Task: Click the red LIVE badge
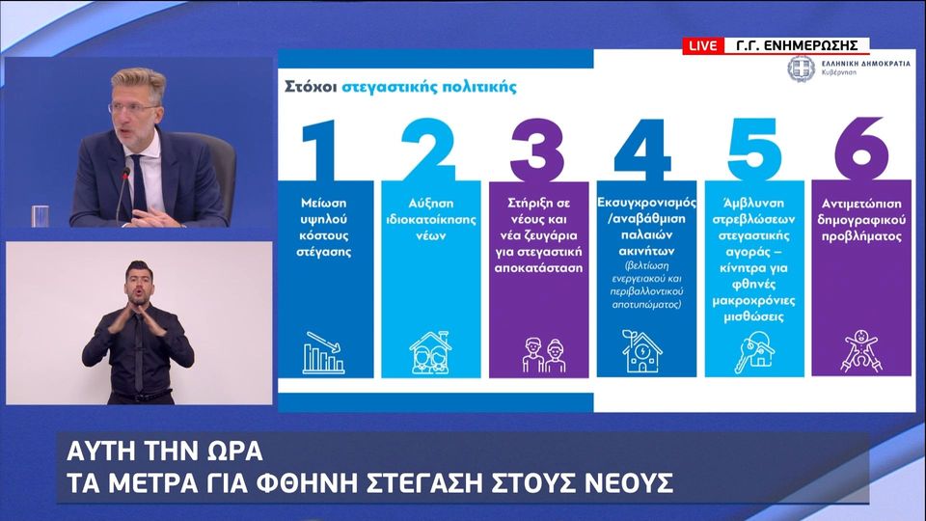coord(703,45)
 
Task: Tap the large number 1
coord(320,151)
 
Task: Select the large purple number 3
coord(537,151)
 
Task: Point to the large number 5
coord(754,149)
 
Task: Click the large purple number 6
coord(861,149)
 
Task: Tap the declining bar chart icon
coord(323,352)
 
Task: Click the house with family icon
coord(430,352)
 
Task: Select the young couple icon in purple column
coord(544,355)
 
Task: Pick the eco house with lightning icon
coord(641,351)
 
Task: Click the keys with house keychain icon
coord(753,352)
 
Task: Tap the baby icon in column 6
coord(861,351)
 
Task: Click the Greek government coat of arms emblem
coord(802,69)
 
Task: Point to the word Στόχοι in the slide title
coord(311,87)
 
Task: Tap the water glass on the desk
coord(41,216)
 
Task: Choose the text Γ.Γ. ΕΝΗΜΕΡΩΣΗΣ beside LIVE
coord(797,45)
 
